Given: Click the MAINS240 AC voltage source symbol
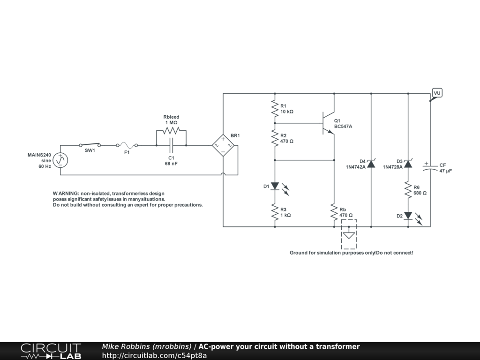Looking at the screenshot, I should [x=60, y=160].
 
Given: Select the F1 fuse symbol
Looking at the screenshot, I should [x=127, y=145].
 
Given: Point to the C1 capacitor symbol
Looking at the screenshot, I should [x=171, y=145].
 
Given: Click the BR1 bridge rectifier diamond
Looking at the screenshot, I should [x=223, y=145].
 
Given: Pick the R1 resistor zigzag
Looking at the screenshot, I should [x=275, y=108].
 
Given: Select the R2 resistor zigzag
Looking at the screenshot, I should [x=275, y=138].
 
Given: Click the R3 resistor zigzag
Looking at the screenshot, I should [x=275, y=212].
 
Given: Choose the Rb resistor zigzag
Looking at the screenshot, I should [x=334, y=212].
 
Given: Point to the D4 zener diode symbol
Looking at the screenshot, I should [x=371, y=164].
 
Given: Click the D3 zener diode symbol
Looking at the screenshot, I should [x=408, y=164].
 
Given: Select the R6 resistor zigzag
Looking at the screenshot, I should [x=408, y=190].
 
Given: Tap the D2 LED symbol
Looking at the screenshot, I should [x=408, y=216].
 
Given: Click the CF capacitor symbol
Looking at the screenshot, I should [x=430, y=168].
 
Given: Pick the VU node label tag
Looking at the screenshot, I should [x=436, y=93].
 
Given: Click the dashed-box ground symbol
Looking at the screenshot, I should [x=349, y=235].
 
